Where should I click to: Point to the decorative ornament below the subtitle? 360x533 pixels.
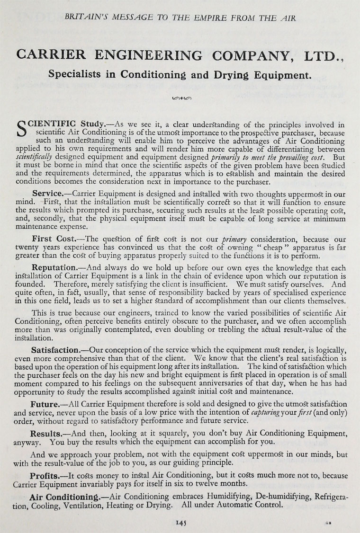tap(180, 99)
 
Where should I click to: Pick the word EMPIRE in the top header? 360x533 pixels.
tap(204, 18)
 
